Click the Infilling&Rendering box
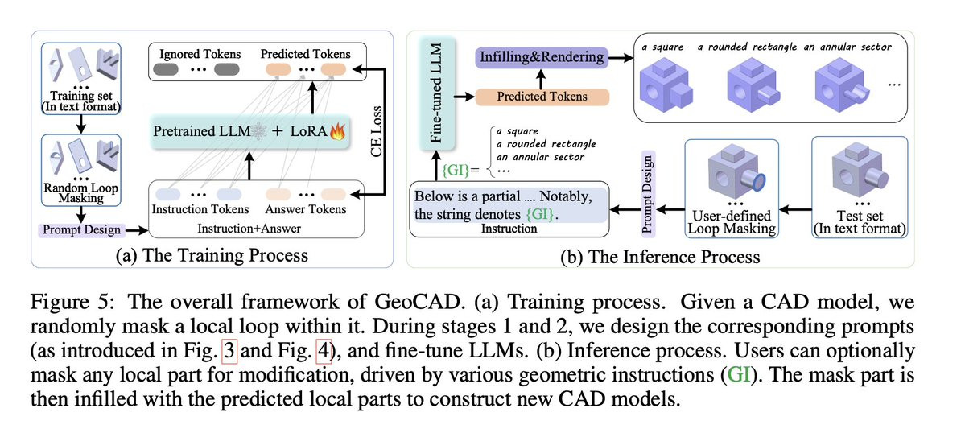(542, 57)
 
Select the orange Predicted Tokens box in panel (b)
(542, 97)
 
